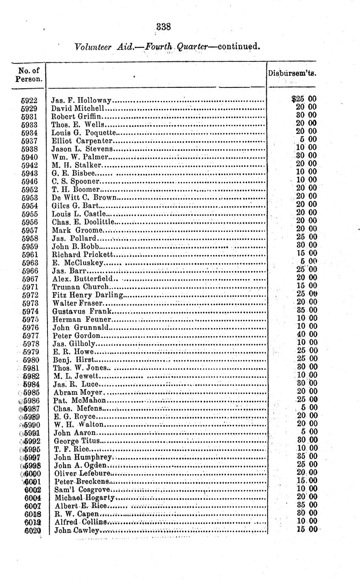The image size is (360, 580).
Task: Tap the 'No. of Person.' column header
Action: pyautogui.click(x=29, y=75)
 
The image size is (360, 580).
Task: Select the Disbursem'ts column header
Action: pyautogui.click(x=292, y=73)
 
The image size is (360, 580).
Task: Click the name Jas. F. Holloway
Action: pyautogui.click(x=81, y=100)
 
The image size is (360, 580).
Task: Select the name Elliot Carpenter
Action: pyautogui.click(x=82, y=141)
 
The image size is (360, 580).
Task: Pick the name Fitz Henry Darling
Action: pyautogui.click(x=88, y=295)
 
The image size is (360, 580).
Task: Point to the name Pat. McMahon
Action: pyautogui.click(x=79, y=400)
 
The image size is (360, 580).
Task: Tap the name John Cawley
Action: pyautogui.click(x=77, y=530)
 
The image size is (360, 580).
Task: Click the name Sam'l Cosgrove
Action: pyautogui.click(x=82, y=490)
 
